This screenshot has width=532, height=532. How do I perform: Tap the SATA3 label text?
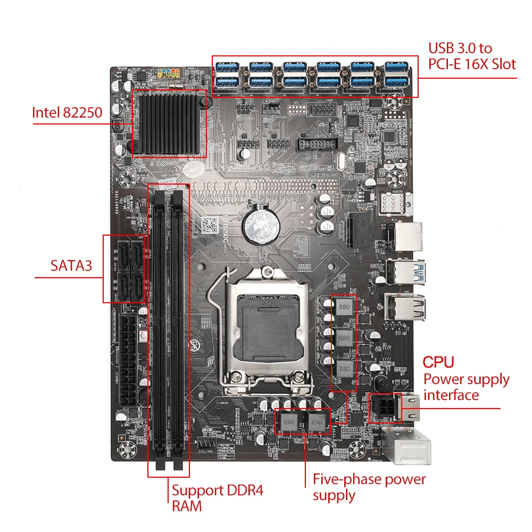[x=71, y=265]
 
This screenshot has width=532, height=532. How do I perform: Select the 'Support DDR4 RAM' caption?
[x=217, y=497]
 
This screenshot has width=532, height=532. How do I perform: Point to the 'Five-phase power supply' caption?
[x=369, y=487]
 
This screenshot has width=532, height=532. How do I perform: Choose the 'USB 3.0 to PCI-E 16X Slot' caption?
[x=472, y=56]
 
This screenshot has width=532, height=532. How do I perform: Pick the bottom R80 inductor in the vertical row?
[x=344, y=368]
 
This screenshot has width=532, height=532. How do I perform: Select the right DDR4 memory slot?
[x=178, y=325]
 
